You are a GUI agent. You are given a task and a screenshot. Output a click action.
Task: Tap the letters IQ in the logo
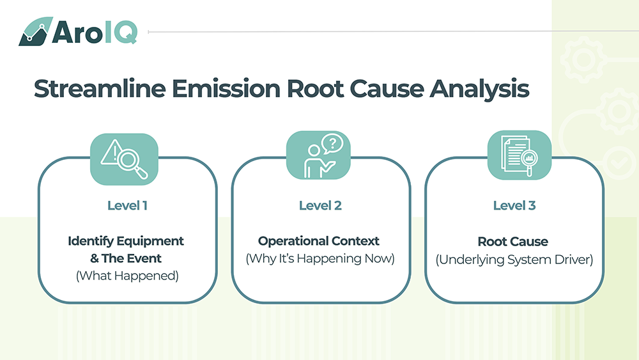(119, 31)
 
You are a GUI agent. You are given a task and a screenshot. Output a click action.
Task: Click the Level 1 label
(128, 206)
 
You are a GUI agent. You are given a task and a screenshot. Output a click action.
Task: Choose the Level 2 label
(320, 206)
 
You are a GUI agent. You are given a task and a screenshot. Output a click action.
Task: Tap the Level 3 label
(514, 206)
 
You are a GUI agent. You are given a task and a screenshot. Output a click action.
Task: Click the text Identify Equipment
(126, 241)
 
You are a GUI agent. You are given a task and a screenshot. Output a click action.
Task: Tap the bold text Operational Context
(319, 241)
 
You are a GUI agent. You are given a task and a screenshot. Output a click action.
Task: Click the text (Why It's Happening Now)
(320, 259)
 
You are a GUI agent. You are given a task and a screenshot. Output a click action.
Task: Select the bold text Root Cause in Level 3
(513, 242)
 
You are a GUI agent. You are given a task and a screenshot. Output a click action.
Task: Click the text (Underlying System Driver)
(514, 260)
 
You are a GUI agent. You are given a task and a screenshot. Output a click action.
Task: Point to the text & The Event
(126, 258)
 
